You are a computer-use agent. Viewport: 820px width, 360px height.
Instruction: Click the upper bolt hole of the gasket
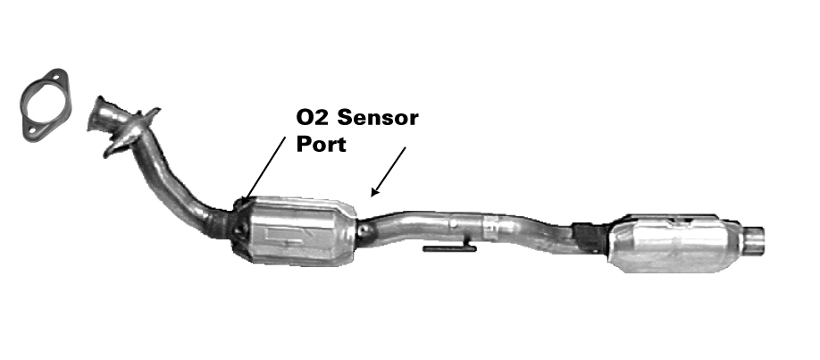[x=55, y=78]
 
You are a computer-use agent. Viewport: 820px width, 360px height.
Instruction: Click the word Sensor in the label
[x=378, y=118]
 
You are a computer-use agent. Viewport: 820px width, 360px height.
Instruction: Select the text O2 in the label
[x=314, y=118]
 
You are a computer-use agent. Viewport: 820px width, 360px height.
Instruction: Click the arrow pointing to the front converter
[x=264, y=168]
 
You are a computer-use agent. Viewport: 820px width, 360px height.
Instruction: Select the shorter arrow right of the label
[x=388, y=172]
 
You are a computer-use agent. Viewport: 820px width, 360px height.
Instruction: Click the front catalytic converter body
[x=296, y=230]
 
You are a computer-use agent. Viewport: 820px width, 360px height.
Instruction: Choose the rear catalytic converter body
[x=674, y=243]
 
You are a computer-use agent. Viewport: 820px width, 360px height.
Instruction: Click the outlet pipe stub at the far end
[x=753, y=239]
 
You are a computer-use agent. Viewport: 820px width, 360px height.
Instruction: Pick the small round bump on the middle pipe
[x=454, y=223]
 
